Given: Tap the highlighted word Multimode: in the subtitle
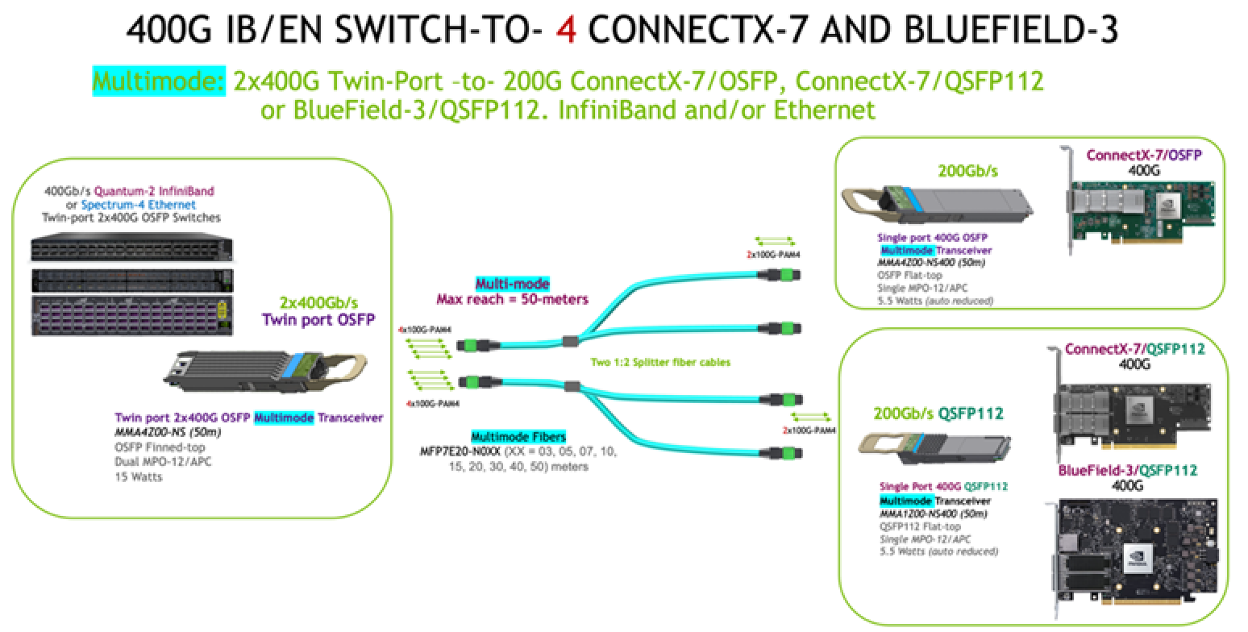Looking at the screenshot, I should (159, 81).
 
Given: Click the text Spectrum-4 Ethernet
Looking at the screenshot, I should (138, 206).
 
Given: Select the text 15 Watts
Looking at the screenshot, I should (138, 476).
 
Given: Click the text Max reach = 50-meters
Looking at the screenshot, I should (512, 299).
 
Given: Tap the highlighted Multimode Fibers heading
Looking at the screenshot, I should (518, 437).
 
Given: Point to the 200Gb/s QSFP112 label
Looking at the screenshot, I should (938, 414).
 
